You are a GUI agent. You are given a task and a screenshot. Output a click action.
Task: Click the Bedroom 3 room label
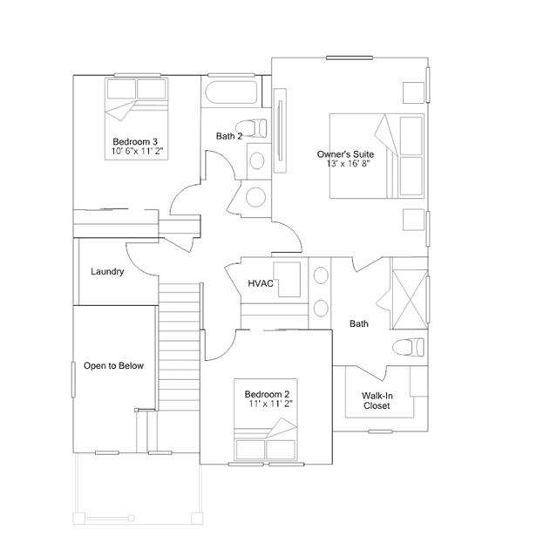pos(135,142)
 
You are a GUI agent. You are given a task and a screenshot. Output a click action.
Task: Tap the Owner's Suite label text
pos(345,154)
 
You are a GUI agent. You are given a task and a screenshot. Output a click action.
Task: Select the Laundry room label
pos(107,272)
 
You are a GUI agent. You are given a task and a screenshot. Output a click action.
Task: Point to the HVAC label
pos(261,283)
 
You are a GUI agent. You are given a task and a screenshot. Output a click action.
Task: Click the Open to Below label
pos(113,365)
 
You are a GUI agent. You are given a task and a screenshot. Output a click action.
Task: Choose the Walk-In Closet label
pos(377,401)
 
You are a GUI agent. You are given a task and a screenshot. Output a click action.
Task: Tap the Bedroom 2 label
pos(267,394)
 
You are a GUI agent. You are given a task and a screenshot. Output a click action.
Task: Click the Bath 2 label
pos(229,136)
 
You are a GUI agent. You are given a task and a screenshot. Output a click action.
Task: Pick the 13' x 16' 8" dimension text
pos(349,163)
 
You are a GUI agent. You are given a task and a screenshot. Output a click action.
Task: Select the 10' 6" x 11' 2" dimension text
pos(137,151)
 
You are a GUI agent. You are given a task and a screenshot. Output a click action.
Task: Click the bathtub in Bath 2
pos(231,92)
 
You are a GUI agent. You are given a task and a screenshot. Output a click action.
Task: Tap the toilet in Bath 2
pos(251,128)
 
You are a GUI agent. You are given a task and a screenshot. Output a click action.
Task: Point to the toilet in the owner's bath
pos(408,347)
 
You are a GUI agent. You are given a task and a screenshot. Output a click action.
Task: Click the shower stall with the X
pos(410,300)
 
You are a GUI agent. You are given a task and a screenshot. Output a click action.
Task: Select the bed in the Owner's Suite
pos(377,156)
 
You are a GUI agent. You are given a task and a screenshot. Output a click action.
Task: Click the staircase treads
pos(179,346)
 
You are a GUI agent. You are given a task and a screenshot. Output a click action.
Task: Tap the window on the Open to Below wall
pos(73,379)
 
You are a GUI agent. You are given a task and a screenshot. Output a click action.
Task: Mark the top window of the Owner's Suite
pos(350,58)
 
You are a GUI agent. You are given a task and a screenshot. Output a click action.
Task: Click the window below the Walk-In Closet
pos(380,431)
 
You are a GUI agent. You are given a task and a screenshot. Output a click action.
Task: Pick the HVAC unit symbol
pos(289,280)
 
